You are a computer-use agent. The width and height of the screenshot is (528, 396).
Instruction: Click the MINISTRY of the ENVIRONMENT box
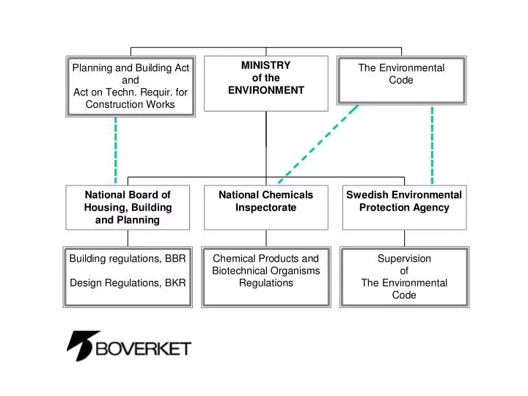(265, 83)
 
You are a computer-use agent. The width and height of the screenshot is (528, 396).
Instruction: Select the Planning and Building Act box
(131, 86)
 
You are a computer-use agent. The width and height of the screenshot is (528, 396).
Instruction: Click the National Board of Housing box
(128, 207)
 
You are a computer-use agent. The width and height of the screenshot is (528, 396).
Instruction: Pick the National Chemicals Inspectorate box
(265, 207)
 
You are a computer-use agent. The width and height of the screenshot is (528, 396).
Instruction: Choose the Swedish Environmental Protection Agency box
(404, 207)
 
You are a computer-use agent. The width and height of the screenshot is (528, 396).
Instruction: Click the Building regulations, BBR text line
(128, 259)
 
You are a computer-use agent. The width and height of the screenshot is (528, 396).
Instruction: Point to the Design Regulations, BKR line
(128, 282)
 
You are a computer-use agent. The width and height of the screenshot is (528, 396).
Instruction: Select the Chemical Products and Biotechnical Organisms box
(265, 276)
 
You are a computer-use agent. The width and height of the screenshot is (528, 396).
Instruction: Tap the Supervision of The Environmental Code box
(404, 276)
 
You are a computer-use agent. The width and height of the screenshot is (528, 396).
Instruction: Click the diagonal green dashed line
(319, 142)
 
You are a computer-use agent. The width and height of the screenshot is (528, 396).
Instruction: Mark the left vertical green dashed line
(116, 150)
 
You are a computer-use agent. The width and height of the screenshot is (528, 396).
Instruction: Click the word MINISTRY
(265, 65)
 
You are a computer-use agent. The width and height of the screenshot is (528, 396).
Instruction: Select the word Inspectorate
(265, 208)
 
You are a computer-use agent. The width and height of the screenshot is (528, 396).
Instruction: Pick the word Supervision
(404, 259)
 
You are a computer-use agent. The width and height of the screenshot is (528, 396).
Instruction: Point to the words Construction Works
(131, 104)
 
